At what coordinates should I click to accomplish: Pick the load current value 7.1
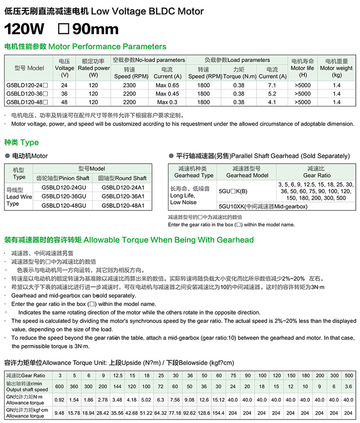tap(272, 85)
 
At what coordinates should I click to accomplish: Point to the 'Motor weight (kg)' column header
tap(336, 68)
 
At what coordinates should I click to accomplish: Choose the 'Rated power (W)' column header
tap(93, 68)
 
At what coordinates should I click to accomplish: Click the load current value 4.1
tap(272, 102)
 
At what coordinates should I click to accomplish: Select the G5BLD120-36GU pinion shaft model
tap(64, 196)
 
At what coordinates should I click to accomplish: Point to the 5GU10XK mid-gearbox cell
tap(263, 206)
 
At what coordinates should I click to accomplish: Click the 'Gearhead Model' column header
tap(246, 172)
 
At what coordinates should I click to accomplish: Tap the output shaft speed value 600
tap(59, 386)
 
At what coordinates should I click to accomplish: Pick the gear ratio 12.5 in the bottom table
tap(117, 375)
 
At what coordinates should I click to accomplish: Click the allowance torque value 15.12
tap(218, 400)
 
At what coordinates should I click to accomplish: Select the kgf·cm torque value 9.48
tap(59, 413)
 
